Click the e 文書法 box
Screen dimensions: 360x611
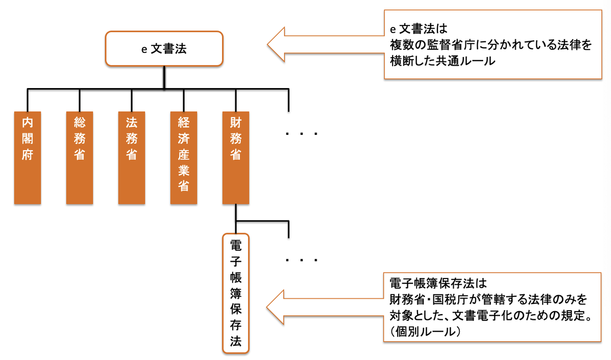tap(163, 49)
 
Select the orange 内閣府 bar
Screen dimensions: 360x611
tap(27, 157)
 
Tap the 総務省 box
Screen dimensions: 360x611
tap(79, 157)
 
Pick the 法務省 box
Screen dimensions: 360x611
tap(131, 157)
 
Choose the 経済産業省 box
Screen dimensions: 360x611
tap(184, 157)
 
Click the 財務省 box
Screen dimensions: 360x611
tap(236, 157)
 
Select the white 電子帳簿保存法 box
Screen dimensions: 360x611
tap(236, 293)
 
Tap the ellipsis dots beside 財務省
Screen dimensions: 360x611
tap(301, 134)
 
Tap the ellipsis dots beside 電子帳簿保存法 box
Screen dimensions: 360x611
tap(301, 261)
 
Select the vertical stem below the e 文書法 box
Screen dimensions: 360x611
tap(163, 77)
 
